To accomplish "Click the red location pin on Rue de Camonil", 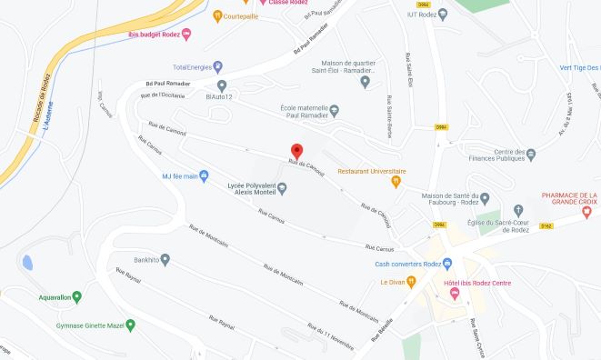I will [x=295, y=151].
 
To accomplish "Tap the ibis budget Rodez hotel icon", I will [x=186, y=35].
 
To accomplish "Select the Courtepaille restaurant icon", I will [x=216, y=15].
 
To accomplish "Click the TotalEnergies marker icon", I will [x=218, y=66].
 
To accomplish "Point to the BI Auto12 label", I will [x=219, y=96].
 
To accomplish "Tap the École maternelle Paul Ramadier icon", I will [x=334, y=111].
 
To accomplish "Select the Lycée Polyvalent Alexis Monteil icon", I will [x=282, y=188].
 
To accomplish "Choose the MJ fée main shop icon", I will [x=204, y=176].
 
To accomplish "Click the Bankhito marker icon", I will [x=165, y=258].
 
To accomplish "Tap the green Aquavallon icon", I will [x=76, y=296].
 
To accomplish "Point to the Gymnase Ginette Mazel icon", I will [x=131, y=325].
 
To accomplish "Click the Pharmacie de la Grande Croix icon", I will [x=586, y=212].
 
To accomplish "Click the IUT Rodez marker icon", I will [x=443, y=14].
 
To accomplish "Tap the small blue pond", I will [x=27, y=263].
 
